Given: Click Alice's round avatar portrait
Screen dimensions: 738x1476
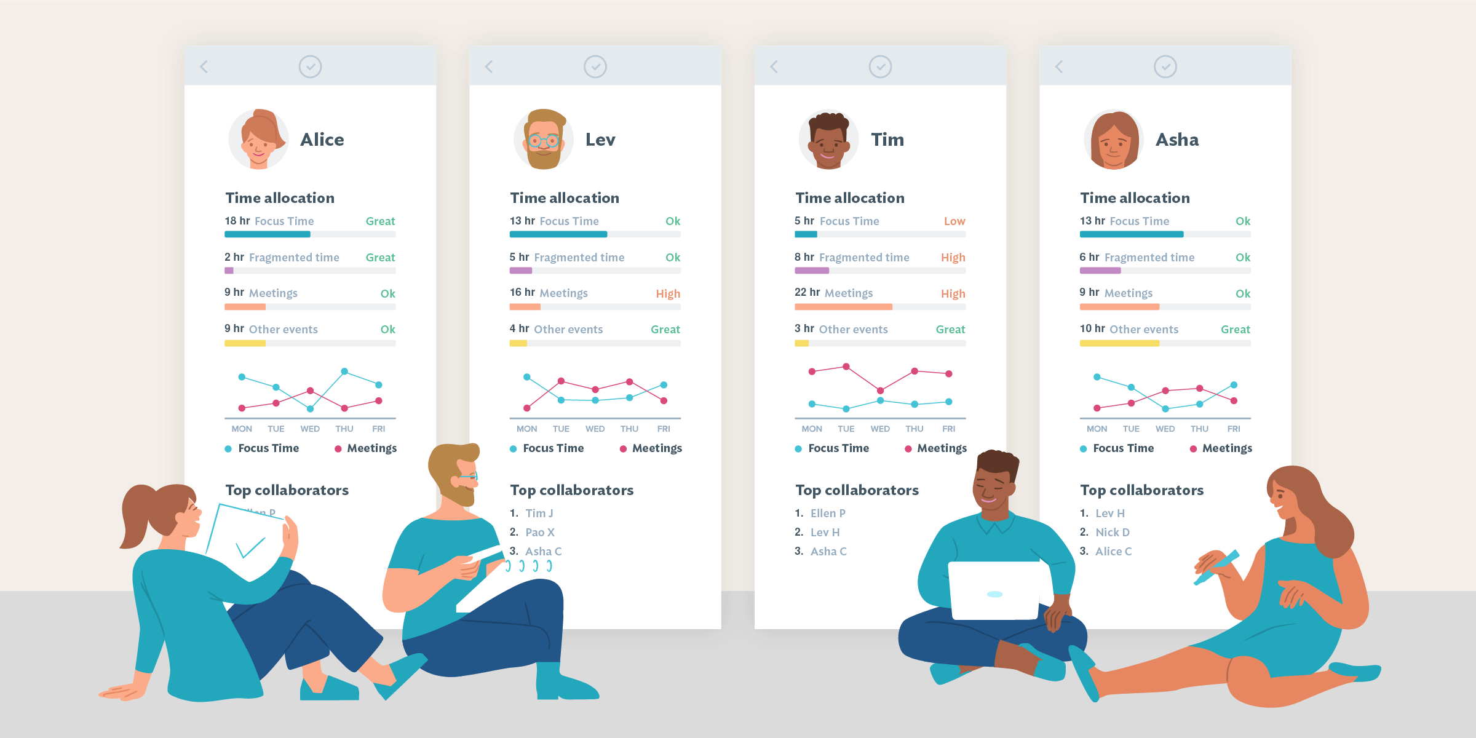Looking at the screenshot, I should pyautogui.click(x=258, y=140).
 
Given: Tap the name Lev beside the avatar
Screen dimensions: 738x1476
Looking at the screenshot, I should pyautogui.click(x=600, y=140).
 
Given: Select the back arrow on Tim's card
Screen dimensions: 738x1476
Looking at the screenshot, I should pyautogui.click(x=774, y=66).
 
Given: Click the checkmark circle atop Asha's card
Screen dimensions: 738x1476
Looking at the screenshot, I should pyautogui.click(x=1165, y=66).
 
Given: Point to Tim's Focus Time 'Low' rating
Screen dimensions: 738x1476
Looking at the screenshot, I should pyautogui.click(x=954, y=221).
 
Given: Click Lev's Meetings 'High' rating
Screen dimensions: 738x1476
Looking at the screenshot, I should pyautogui.click(x=668, y=294).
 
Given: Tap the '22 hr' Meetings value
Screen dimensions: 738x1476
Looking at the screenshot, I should pyautogui.click(x=807, y=293).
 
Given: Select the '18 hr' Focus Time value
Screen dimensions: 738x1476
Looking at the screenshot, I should pyautogui.click(x=237, y=221).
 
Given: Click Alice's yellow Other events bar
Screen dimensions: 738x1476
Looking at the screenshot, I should pyautogui.click(x=245, y=343).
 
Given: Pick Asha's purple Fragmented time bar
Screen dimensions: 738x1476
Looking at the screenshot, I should pyautogui.click(x=1100, y=271).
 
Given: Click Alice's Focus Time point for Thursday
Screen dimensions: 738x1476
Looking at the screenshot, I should pyautogui.click(x=344, y=371).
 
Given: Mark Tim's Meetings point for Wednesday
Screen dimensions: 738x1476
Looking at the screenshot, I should pyautogui.click(x=880, y=391).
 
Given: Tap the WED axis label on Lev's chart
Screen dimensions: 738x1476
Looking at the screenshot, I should pyautogui.click(x=595, y=429).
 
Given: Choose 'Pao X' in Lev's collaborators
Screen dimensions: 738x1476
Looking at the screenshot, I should pyautogui.click(x=539, y=533).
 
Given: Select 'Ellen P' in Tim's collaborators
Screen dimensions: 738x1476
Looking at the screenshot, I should pyautogui.click(x=827, y=514).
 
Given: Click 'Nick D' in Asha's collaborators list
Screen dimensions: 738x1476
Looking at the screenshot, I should pyautogui.click(x=1112, y=533).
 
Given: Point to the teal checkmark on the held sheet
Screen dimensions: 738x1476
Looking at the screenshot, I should pyautogui.click(x=250, y=547).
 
